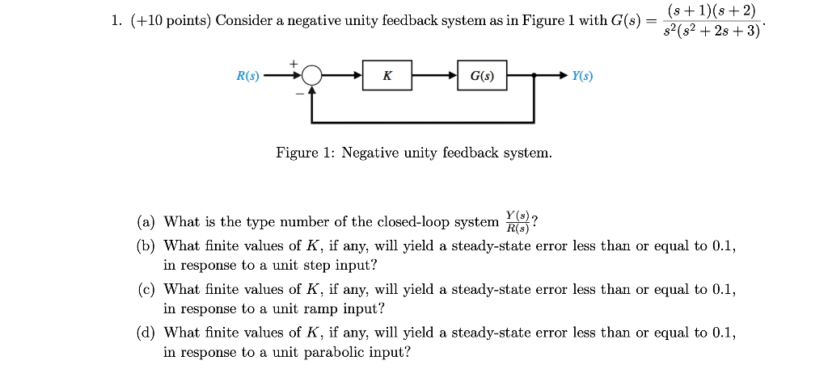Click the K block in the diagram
click(387, 77)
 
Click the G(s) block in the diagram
click(482, 77)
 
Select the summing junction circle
click(311, 77)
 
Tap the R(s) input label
click(247, 77)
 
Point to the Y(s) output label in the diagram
click(582, 77)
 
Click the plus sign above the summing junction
click(294, 62)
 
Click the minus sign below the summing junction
click(298, 94)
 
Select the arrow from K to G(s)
click(435, 77)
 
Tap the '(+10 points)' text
click(170, 20)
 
